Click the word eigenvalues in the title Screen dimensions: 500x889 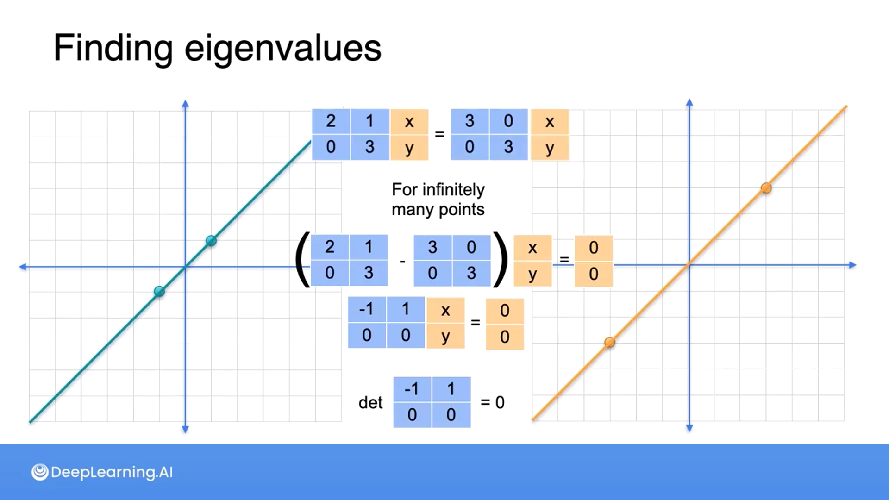pyautogui.click(x=283, y=48)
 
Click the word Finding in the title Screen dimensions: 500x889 pyautogui.click(x=113, y=48)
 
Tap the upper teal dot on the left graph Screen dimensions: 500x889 pyautogui.click(x=211, y=241)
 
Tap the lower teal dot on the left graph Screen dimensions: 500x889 pyautogui.click(x=159, y=291)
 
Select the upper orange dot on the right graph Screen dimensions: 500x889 pyautogui.click(x=766, y=188)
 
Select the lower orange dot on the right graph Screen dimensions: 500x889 pyautogui.click(x=610, y=342)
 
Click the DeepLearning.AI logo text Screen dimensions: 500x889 pyautogui.click(x=111, y=472)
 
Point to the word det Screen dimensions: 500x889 pyautogui.click(x=370, y=403)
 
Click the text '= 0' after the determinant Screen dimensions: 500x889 pyautogui.click(x=493, y=402)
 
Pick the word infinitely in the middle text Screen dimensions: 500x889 pyautogui.click(x=453, y=190)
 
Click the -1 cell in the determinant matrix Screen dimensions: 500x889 pyautogui.click(x=412, y=389)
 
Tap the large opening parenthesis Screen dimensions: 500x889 pyautogui.click(x=302, y=260)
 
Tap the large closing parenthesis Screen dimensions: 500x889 pyautogui.click(x=500, y=260)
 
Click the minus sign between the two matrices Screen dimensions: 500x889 pyautogui.click(x=402, y=262)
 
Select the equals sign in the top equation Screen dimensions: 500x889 pyautogui.click(x=439, y=134)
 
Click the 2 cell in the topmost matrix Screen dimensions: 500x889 pyautogui.click(x=331, y=121)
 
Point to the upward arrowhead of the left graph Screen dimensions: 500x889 pyautogui.click(x=185, y=103)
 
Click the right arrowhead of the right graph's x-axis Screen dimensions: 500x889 pyautogui.click(x=853, y=265)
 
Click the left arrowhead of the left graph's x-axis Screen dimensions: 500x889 pyautogui.click(x=22, y=267)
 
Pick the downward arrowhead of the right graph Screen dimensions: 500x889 pyautogui.click(x=689, y=428)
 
